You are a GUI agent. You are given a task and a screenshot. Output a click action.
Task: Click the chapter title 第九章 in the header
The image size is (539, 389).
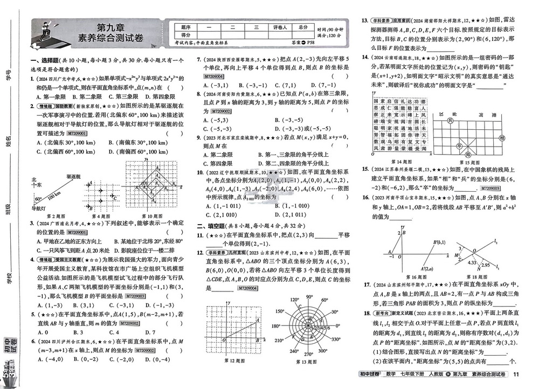click(111, 27)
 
